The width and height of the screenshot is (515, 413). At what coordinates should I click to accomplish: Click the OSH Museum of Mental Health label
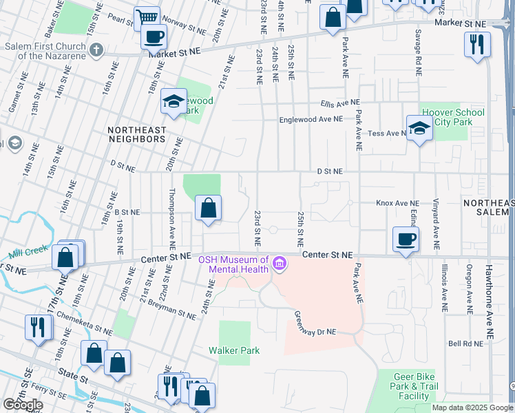pos(233,264)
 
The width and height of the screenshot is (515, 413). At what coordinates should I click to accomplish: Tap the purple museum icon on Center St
pos(279,264)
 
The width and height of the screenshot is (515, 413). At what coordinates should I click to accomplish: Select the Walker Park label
pos(234,350)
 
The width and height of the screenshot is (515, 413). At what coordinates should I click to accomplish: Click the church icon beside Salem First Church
pos(97,50)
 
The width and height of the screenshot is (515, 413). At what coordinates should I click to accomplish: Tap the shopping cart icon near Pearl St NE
pos(147,17)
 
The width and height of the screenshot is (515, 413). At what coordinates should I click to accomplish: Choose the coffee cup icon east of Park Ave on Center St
pos(406,239)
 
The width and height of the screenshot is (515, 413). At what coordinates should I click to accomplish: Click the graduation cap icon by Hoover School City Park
pos(419,128)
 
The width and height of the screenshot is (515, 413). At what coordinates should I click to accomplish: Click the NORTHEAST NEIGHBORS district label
pos(136,134)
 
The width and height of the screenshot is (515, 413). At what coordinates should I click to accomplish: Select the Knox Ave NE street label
pos(397,203)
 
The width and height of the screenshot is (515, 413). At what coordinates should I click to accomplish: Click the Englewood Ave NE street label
pos(311,119)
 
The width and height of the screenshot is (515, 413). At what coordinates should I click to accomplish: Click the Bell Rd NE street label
pos(463,342)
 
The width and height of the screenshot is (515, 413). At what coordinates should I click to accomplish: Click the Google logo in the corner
pos(23,404)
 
